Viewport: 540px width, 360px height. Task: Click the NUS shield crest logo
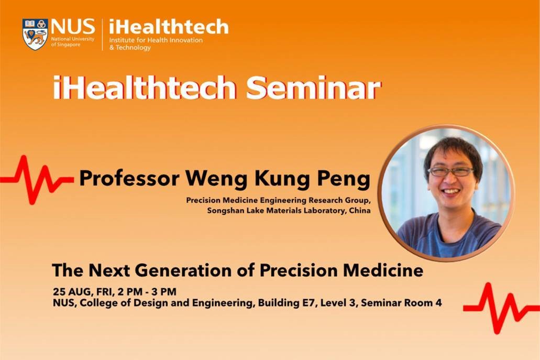tap(35, 34)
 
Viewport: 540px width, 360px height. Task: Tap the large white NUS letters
tap(73, 27)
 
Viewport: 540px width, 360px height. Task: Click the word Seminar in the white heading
tap(313, 88)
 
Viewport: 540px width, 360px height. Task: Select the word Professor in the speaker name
tap(129, 179)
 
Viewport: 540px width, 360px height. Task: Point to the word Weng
tap(217, 179)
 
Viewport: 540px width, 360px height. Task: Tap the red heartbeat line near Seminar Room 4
tap(502, 308)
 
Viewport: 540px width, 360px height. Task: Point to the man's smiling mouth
tap(451, 191)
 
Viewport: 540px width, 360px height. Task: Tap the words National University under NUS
tap(73, 39)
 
